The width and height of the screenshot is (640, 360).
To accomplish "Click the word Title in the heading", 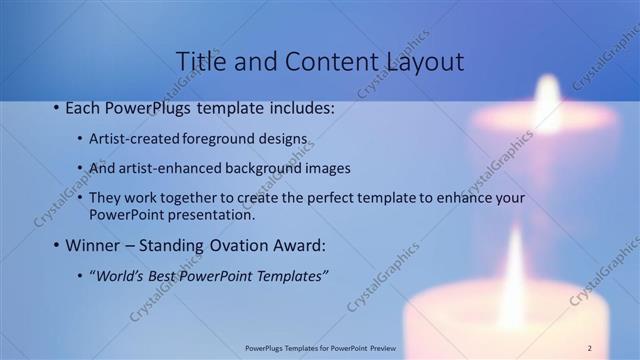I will [200, 61].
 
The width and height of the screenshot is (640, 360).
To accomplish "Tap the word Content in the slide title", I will [323, 61].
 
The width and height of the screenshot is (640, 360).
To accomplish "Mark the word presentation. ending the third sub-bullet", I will [212, 214].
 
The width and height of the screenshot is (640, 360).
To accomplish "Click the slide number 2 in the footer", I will [590, 347].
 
